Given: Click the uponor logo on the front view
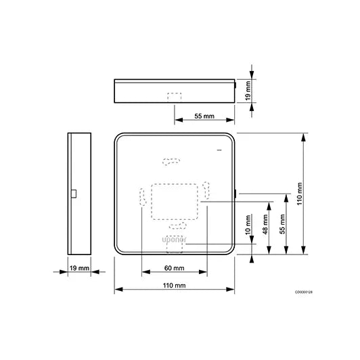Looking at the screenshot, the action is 175,240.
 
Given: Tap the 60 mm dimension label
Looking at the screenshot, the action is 175,268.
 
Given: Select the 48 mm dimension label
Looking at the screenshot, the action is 265,224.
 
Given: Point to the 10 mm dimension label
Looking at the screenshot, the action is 248,225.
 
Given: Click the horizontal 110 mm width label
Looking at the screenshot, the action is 175,286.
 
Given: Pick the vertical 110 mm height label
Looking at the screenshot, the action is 300,194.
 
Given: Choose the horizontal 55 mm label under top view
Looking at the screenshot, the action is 204,116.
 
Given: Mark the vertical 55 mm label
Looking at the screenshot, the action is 282,224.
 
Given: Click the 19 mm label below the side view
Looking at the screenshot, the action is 79,268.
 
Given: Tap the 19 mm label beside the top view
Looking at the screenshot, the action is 248,91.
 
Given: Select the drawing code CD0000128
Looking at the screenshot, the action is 304,292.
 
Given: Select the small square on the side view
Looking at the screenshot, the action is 74,194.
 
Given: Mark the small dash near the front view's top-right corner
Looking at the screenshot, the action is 219,150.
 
